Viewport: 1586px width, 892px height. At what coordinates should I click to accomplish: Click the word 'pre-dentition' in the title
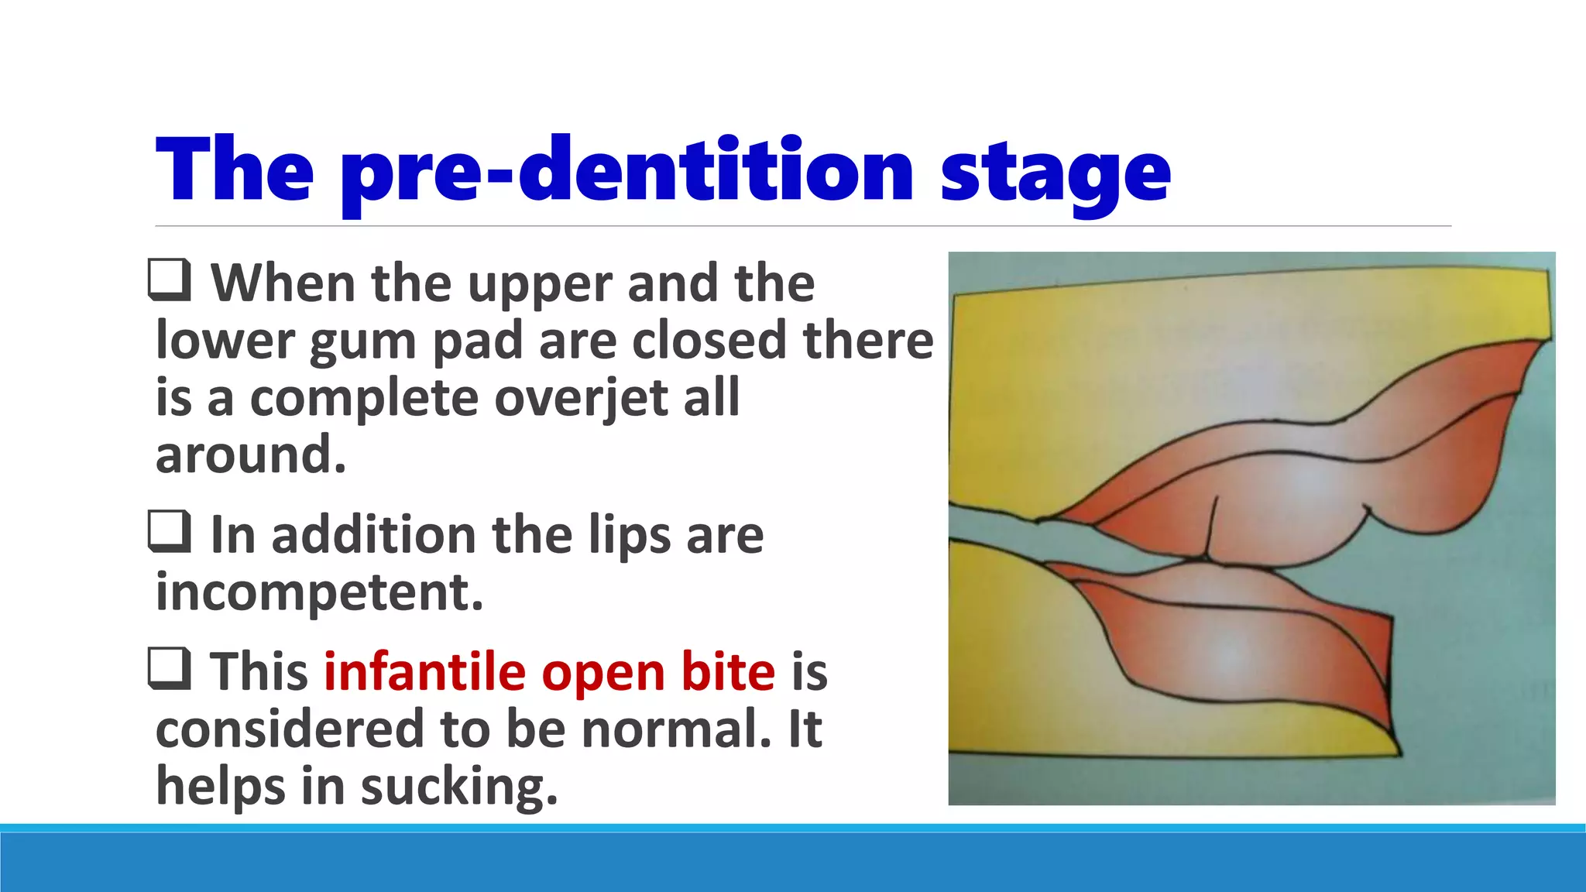tap(627, 172)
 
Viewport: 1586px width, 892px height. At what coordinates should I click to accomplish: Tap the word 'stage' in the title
tap(1055, 172)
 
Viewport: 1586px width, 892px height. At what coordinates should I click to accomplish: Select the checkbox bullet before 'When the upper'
tap(170, 280)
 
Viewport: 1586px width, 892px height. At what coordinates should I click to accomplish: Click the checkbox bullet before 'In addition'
tap(170, 532)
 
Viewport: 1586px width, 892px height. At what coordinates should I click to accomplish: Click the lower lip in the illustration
tap(1239, 643)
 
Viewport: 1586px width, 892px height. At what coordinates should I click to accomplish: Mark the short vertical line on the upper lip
tap(1210, 527)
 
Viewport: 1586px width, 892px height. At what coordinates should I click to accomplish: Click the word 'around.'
tap(250, 455)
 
